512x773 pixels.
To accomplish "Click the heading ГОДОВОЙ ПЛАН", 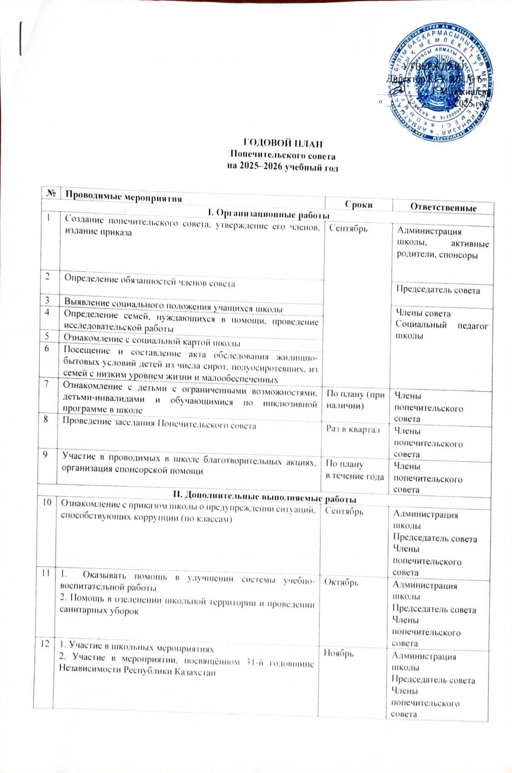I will (x=283, y=144).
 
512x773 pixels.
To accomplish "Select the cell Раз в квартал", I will (x=353, y=429).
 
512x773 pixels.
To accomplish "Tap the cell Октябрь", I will (x=341, y=582).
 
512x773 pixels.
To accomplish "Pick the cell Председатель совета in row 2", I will (x=438, y=290).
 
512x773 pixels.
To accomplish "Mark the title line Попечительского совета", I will (x=282, y=156).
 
